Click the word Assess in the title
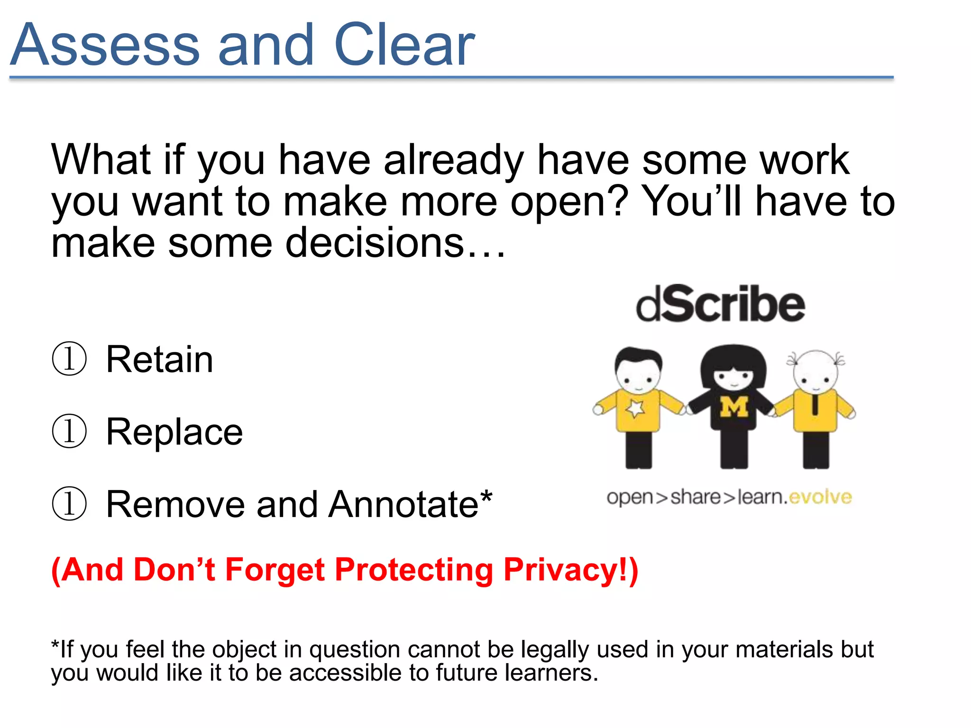(105, 45)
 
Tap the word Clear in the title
(404, 45)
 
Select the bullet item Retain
(159, 359)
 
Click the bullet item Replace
(174, 432)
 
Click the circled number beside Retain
(69, 359)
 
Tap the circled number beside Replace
(69, 432)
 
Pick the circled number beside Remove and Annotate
(69, 504)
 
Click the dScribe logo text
(720, 305)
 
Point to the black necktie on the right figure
(815, 404)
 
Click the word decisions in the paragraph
(375, 243)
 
